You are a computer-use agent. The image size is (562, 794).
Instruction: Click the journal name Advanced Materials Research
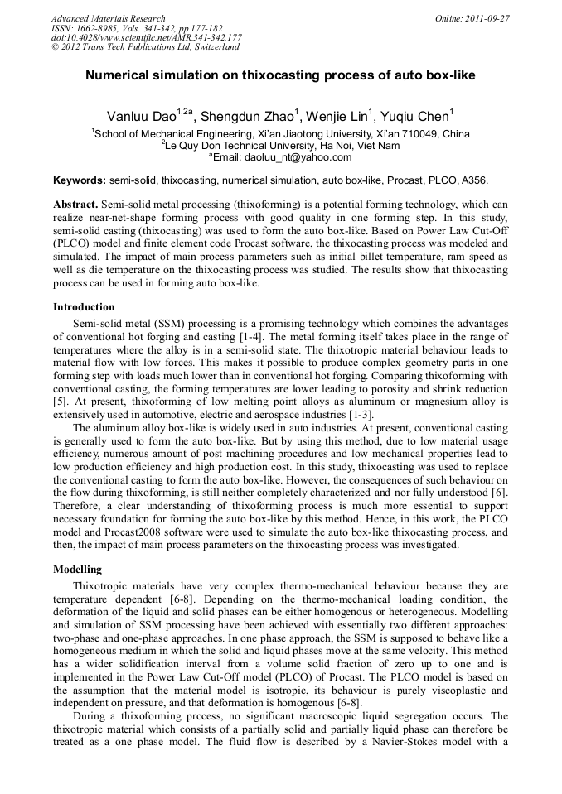[108, 18]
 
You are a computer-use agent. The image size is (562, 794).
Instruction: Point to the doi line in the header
[146, 37]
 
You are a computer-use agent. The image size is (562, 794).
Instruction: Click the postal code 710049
[419, 133]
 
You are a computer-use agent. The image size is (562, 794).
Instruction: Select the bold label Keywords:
[80, 180]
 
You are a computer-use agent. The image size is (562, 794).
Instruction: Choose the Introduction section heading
[84, 306]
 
